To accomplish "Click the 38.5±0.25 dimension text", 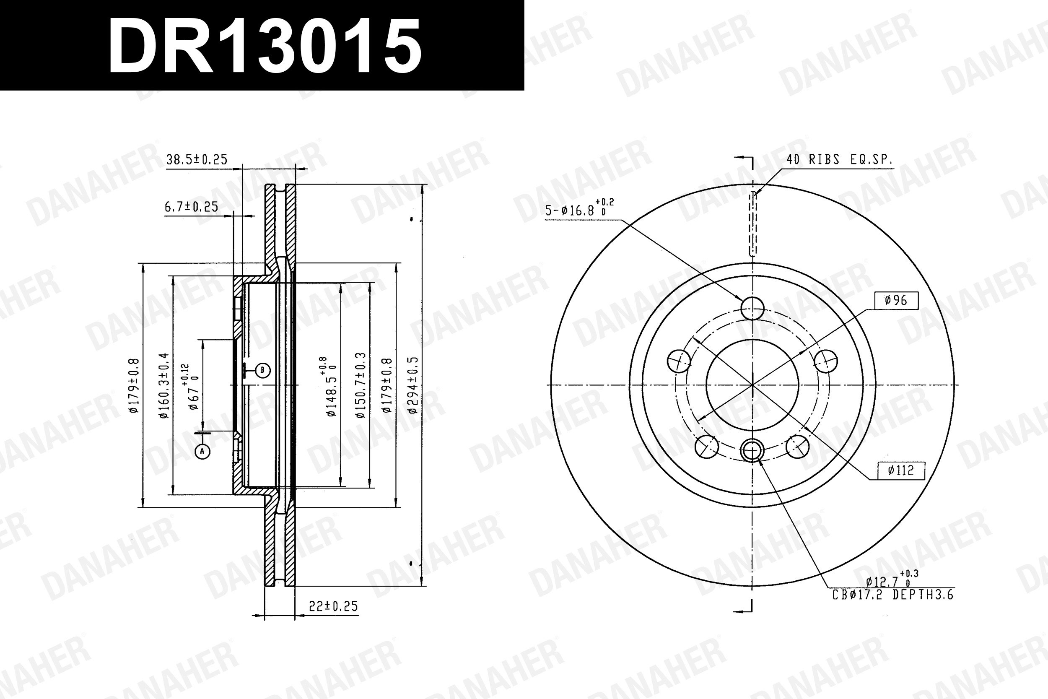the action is (x=197, y=159).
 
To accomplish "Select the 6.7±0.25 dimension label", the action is (x=191, y=207).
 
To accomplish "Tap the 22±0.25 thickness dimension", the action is (x=333, y=606).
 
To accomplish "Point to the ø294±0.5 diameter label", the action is (x=413, y=385).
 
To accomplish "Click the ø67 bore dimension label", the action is (x=192, y=387).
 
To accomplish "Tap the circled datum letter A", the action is (x=202, y=452).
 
